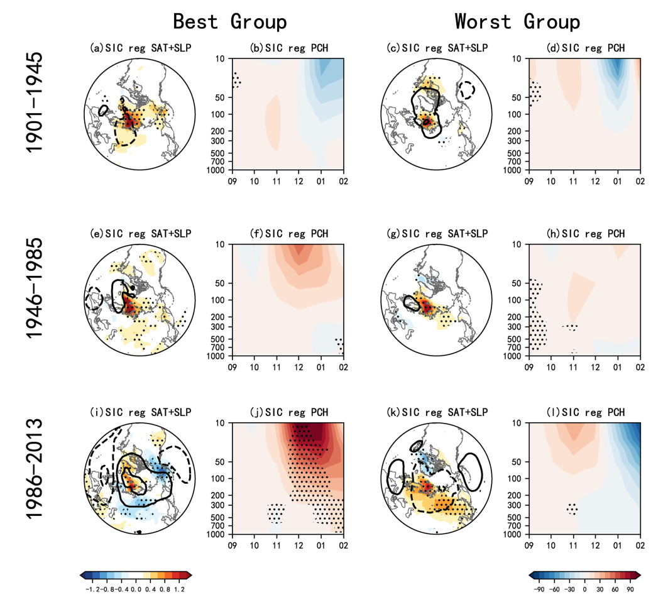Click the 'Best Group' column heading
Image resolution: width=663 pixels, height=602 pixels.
click(229, 21)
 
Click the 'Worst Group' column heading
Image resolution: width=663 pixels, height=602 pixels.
click(517, 21)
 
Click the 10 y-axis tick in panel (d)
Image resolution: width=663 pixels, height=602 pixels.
click(519, 58)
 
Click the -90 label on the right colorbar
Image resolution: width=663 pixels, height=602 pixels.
click(539, 589)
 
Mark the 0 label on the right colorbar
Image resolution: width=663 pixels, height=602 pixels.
click(584, 589)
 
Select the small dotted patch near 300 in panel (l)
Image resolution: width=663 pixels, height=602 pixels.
click(573, 508)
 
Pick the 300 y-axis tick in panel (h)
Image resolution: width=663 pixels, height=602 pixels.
click(519, 327)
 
